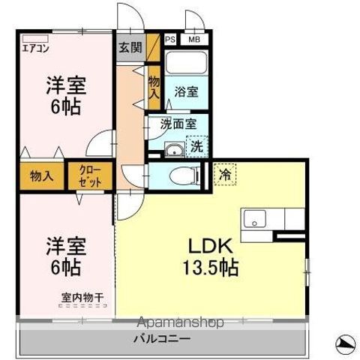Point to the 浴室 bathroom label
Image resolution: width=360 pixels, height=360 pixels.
(x=186, y=92)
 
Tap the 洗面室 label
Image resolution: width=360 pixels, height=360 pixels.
(x=178, y=124)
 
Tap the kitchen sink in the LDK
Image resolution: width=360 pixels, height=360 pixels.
(x=254, y=219)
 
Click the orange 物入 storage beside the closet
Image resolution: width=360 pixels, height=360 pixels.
(x=42, y=176)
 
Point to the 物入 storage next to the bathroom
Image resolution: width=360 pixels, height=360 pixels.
(x=154, y=88)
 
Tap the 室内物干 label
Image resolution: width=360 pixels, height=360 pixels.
(x=82, y=298)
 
